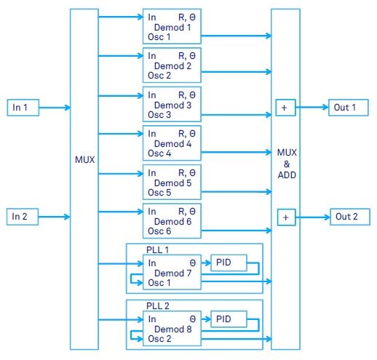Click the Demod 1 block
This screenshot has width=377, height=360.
(172, 26)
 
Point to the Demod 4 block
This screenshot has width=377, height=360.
(172, 143)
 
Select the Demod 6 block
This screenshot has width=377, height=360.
(172, 220)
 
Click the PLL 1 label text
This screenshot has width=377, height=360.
(146, 249)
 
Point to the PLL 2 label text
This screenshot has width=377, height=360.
(146, 306)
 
